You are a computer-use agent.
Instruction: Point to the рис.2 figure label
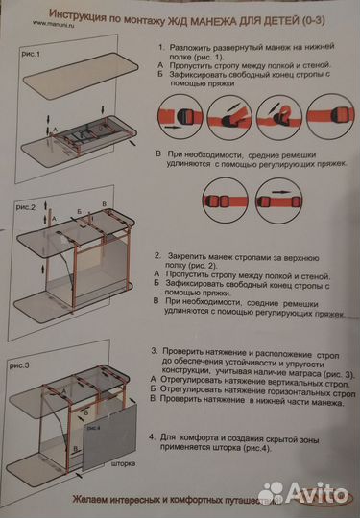(27, 206)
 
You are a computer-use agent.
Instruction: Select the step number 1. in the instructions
(159, 46)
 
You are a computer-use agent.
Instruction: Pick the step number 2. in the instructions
(158, 257)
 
